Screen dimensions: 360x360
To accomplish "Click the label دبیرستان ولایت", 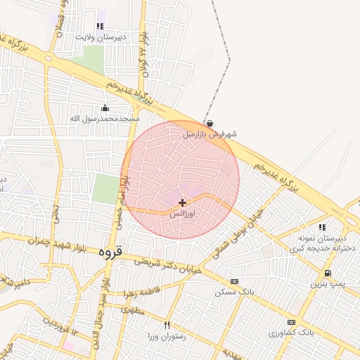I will click(120, 36).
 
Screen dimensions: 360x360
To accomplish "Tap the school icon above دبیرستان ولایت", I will click(100, 26).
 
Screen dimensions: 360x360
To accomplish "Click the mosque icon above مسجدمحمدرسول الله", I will click(105, 108).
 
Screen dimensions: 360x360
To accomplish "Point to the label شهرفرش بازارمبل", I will click(210, 133).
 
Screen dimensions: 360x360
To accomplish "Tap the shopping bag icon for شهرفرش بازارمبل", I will click(210, 123).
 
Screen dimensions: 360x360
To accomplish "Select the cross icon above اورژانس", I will click(183, 202).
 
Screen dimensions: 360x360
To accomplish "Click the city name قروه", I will click(110, 250).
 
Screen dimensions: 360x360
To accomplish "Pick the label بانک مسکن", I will click(234, 291).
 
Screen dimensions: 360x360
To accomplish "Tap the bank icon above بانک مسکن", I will click(234, 281).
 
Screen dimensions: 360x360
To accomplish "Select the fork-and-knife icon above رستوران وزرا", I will click(167, 325).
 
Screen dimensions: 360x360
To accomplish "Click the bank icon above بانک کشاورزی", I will click(292, 321).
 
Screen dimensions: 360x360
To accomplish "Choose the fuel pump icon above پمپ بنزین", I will click(328, 274).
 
